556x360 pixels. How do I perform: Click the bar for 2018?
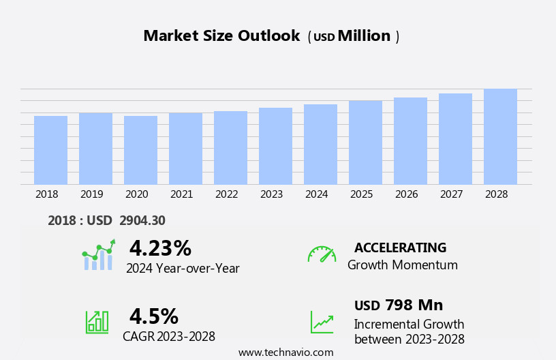tap(50, 150)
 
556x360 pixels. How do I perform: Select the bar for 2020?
tap(140, 150)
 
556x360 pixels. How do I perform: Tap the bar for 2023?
tap(275, 146)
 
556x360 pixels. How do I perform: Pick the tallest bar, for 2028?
tap(500, 136)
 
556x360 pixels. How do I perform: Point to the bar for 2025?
tap(365, 142)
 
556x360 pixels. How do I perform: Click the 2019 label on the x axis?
tap(91, 194)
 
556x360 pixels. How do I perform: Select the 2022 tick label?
tap(226, 194)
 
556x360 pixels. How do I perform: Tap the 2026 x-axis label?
tap(406, 194)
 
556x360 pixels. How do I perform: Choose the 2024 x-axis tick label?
tap(316, 194)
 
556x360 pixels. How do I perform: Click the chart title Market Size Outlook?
tap(221, 36)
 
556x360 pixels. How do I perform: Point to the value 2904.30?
tap(142, 220)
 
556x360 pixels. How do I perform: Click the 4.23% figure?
tap(160, 248)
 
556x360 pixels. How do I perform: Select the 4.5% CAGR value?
tap(154, 316)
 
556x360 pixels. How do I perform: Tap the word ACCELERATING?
tap(400, 248)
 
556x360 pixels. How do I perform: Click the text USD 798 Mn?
tap(399, 305)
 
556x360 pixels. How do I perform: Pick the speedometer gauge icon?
tap(322, 254)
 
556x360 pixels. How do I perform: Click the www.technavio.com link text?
tap(285, 352)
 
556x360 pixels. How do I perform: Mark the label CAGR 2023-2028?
tap(169, 337)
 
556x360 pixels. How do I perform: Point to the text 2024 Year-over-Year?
tap(183, 269)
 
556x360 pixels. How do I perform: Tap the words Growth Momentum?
tap(403, 265)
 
